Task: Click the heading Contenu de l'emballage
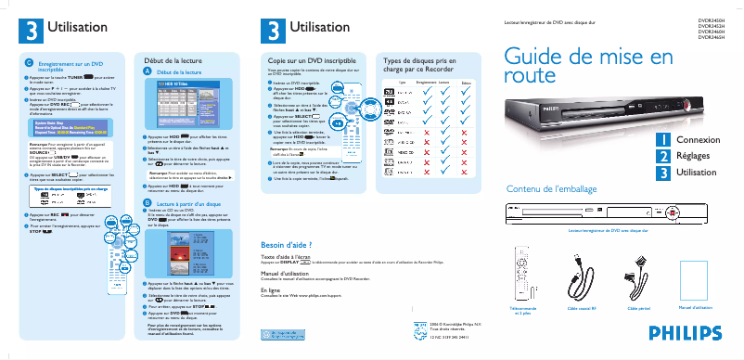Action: pyautogui.click(x=546, y=189)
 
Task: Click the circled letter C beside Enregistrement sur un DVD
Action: pyautogui.click(x=29, y=62)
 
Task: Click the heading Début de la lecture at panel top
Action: pyautogui.click(x=170, y=58)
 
